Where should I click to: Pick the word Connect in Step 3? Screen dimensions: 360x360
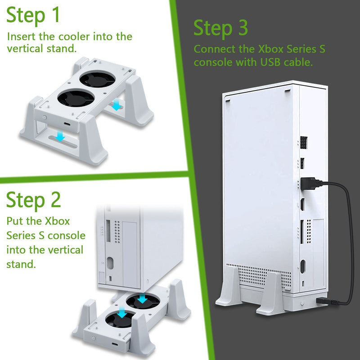(210, 49)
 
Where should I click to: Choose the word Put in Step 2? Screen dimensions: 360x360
(14, 221)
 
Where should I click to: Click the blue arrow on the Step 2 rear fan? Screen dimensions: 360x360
(142, 299)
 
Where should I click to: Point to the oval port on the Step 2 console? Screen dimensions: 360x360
(110, 263)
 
